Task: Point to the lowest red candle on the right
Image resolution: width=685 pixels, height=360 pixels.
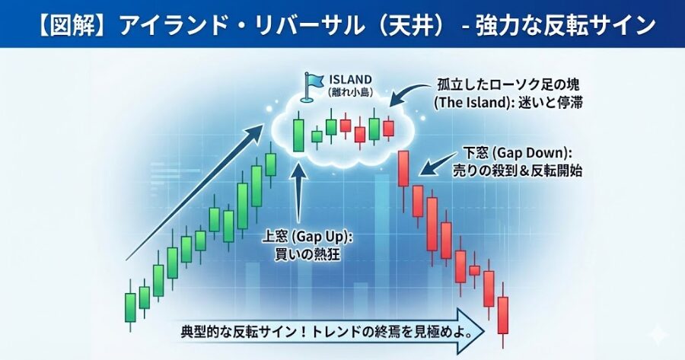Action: (502, 314)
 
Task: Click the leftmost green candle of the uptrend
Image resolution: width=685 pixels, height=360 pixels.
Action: (130, 306)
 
